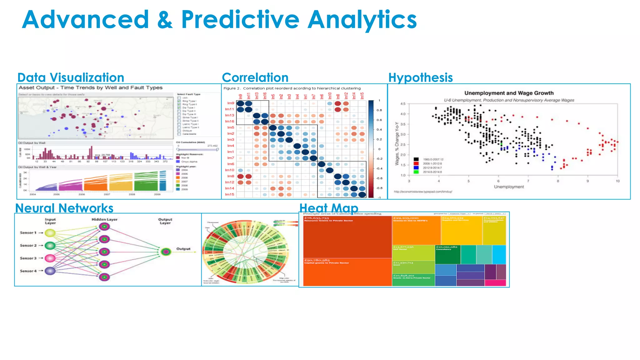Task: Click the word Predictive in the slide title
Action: coord(240,20)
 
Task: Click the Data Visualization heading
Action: coord(71,77)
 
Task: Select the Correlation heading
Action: coord(255,77)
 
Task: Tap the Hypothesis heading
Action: coord(420,77)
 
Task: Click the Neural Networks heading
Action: coord(64,208)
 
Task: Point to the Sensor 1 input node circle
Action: coord(50,233)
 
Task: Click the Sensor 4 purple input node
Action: coord(50,271)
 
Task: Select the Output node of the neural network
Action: coord(166,252)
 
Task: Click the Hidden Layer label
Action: coord(104,219)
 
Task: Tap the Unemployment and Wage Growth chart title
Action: coord(509,93)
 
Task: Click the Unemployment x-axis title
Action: coord(509,187)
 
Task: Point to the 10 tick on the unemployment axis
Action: coord(617,181)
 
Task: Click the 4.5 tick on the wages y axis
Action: coord(403,104)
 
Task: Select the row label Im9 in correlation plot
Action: coord(231,103)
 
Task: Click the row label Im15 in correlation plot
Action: coord(230,194)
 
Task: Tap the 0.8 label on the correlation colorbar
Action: coord(379,110)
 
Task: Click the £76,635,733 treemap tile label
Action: coord(317,218)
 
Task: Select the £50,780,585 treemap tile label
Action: coord(317,260)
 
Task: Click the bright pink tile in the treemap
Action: coord(495,283)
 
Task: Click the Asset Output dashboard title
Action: coord(90,88)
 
